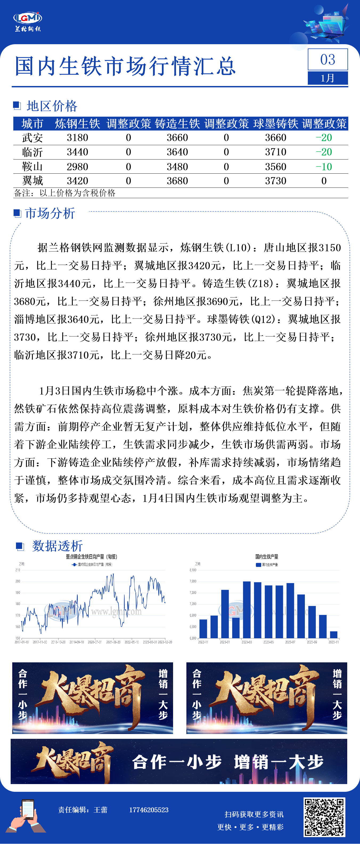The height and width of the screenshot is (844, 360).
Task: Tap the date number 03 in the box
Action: [x=328, y=60]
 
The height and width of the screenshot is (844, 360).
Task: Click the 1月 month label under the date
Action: [x=328, y=78]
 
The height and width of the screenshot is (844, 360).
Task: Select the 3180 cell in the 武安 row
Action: [x=77, y=138]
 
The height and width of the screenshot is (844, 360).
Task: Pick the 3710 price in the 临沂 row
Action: [x=276, y=152]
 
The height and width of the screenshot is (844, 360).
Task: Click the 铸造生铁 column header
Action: [x=177, y=124]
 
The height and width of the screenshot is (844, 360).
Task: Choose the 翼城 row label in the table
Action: [x=32, y=181]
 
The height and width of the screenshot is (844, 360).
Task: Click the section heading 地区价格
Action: [x=52, y=106]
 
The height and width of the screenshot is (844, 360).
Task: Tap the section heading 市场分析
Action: [x=50, y=213]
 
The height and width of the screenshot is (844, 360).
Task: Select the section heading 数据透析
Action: [x=57, y=546]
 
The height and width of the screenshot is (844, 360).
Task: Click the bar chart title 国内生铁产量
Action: [x=267, y=556]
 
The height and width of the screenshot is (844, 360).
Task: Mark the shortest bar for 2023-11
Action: [x=333, y=634]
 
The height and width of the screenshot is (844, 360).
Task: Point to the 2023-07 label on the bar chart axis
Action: [x=290, y=642]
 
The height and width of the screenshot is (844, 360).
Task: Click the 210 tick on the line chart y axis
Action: [x=18, y=570]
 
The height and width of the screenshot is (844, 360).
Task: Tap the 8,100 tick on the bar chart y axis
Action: [x=193, y=570]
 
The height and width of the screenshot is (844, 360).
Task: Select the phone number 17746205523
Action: [x=149, y=810]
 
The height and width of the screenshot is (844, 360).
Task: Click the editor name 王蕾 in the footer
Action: [x=101, y=810]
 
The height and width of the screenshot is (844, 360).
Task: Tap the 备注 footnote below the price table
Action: [x=64, y=193]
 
